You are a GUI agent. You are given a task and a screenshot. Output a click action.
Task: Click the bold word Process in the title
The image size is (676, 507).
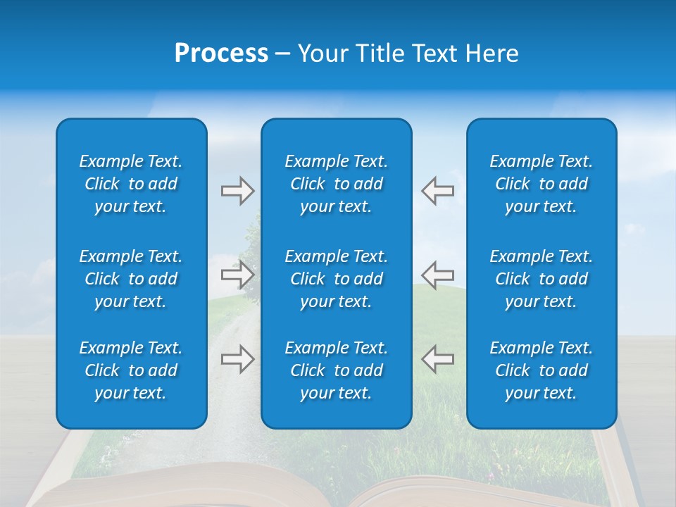221,54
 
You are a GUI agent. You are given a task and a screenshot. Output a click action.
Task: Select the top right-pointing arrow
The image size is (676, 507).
237,191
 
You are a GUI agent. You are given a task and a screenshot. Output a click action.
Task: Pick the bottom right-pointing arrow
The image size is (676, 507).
237,359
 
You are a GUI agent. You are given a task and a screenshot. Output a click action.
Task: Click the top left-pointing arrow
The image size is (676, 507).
437,191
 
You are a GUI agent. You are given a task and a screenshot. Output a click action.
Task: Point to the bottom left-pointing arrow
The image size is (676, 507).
437,359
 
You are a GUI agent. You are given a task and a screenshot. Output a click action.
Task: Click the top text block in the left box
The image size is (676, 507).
131,184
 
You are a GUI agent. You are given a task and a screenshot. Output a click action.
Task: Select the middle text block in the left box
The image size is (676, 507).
131,279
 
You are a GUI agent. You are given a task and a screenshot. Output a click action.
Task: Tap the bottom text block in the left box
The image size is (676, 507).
131,370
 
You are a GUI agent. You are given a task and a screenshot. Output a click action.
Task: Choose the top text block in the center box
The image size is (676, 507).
336,184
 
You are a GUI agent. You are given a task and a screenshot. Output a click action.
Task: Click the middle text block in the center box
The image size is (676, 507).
336,279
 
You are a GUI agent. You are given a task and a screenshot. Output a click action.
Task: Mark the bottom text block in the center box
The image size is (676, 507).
336,370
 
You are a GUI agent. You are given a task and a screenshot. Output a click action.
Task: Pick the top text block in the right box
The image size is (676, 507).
541,184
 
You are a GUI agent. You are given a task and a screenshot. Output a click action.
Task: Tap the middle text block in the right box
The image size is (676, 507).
541,279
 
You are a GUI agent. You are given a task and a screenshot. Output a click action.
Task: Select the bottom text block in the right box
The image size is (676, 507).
541,370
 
